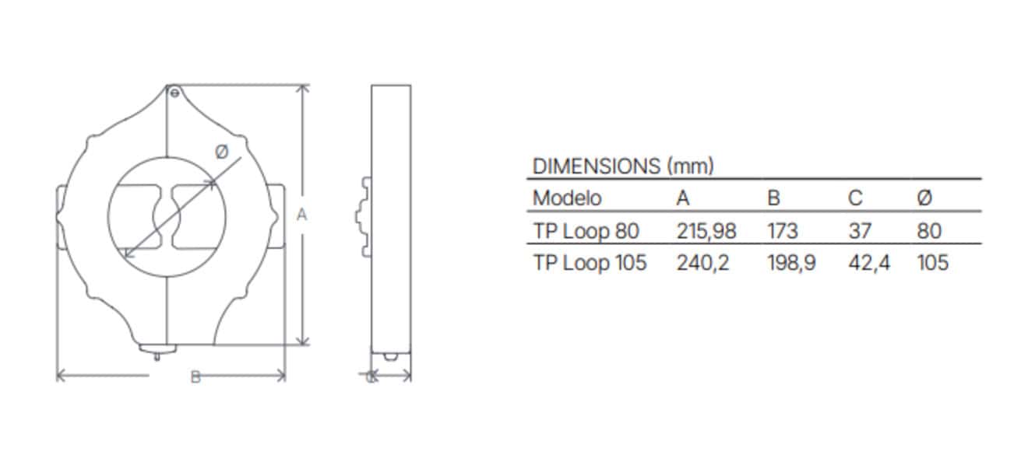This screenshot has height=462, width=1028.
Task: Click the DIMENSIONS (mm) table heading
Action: pyautogui.click(x=622, y=166)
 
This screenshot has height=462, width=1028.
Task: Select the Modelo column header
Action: pyautogui.click(x=566, y=198)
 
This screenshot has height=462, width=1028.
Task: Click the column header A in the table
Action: pyautogui.click(x=683, y=198)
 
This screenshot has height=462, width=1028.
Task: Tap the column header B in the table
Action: pyautogui.click(x=773, y=198)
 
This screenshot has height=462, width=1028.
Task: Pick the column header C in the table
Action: pyautogui.click(x=855, y=198)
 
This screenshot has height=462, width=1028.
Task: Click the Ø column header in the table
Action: pyautogui.click(x=924, y=198)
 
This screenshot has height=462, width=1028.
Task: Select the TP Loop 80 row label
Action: pyautogui.click(x=586, y=231)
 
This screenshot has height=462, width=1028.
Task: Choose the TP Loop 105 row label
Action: pyautogui.click(x=590, y=263)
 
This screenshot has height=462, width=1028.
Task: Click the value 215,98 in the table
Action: pyautogui.click(x=706, y=231)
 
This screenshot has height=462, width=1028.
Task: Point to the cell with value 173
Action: pyautogui.click(x=783, y=231)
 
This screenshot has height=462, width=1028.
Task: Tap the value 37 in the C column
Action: pyautogui.click(x=860, y=231)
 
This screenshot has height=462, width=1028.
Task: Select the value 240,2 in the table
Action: pyautogui.click(x=702, y=263)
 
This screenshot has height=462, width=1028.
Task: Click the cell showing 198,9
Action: pyautogui.click(x=791, y=263)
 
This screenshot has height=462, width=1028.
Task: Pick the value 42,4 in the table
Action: pyautogui.click(x=868, y=263)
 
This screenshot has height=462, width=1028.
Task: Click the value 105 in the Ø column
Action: pyautogui.click(x=933, y=263)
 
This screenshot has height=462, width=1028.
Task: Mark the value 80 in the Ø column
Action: pyautogui.click(x=929, y=231)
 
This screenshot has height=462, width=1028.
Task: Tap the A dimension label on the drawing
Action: pyautogui.click(x=303, y=215)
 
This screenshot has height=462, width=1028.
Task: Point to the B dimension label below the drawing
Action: pyautogui.click(x=195, y=377)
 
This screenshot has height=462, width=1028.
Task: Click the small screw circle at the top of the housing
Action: pyautogui.click(x=174, y=93)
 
